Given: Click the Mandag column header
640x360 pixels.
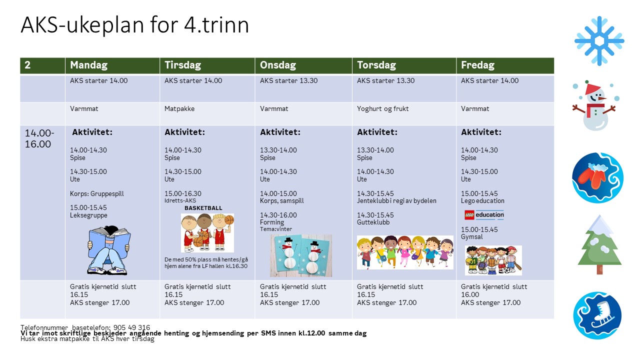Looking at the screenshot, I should click(89, 65).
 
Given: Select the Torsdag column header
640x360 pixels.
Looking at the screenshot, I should click(376, 65).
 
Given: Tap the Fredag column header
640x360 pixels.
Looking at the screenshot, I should click(477, 65).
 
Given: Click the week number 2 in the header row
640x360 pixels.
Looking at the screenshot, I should click(28, 65).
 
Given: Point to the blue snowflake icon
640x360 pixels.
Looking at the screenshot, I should click(599, 41).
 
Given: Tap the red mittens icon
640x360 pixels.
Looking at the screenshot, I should click(598, 177).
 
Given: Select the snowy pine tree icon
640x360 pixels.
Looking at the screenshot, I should click(599, 245).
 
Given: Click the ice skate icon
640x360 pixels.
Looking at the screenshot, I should click(597, 315).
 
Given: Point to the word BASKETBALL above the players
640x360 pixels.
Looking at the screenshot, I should click(203, 208).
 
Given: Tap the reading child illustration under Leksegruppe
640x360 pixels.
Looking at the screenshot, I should click(109, 249).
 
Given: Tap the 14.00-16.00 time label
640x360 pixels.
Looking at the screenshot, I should click(39, 138).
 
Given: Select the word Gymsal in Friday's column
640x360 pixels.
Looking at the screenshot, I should click(472, 237).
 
